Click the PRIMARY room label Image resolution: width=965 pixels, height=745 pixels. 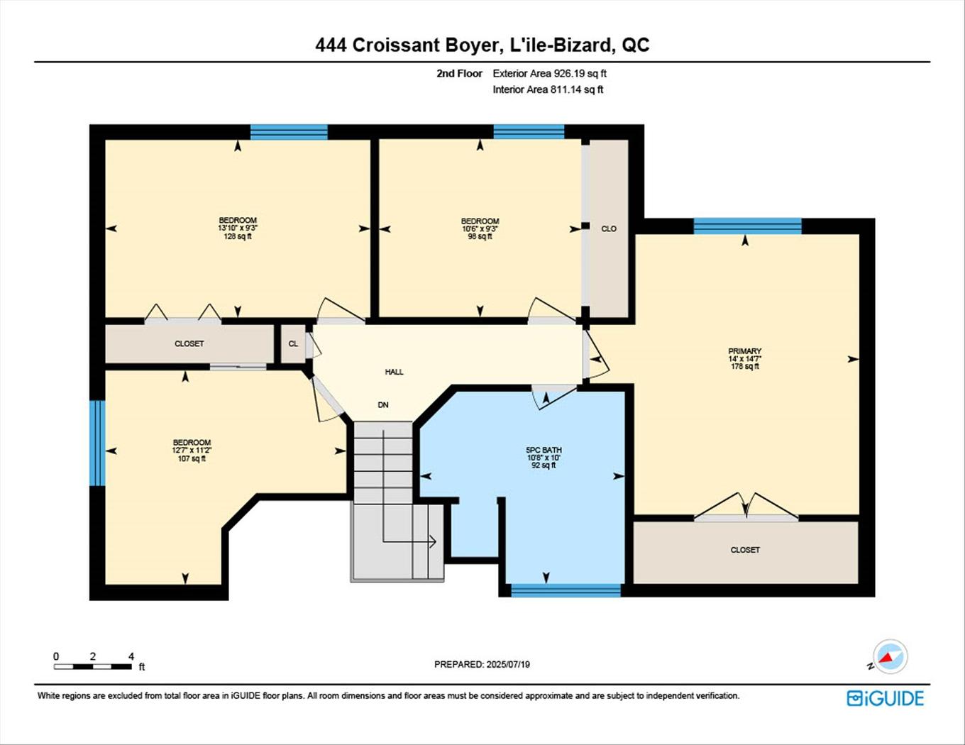click(745, 351)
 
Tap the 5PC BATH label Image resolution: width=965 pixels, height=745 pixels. click(544, 450)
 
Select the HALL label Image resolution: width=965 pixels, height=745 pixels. click(394, 372)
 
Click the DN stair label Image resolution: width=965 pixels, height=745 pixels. click(382, 405)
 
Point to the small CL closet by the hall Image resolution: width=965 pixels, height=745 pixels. click(293, 343)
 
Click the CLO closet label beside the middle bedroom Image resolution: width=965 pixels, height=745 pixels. click(608, 228)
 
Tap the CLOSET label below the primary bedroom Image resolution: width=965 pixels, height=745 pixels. click(745, 550)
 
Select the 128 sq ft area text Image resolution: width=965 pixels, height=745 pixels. click(238, 236)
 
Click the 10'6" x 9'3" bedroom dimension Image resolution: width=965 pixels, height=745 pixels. click(480, 228)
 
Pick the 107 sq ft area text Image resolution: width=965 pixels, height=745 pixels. click(192, 458)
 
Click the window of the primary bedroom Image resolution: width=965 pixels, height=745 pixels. click(747, 226)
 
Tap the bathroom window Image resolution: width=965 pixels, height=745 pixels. click(566, 590)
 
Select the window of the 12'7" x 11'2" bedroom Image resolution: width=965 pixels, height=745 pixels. click(97, 443)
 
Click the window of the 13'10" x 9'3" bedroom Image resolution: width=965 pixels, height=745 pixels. click(289, 132)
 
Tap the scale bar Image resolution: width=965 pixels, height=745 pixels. click(93, 666)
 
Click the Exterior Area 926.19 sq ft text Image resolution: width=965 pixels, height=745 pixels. click(549, 73)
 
